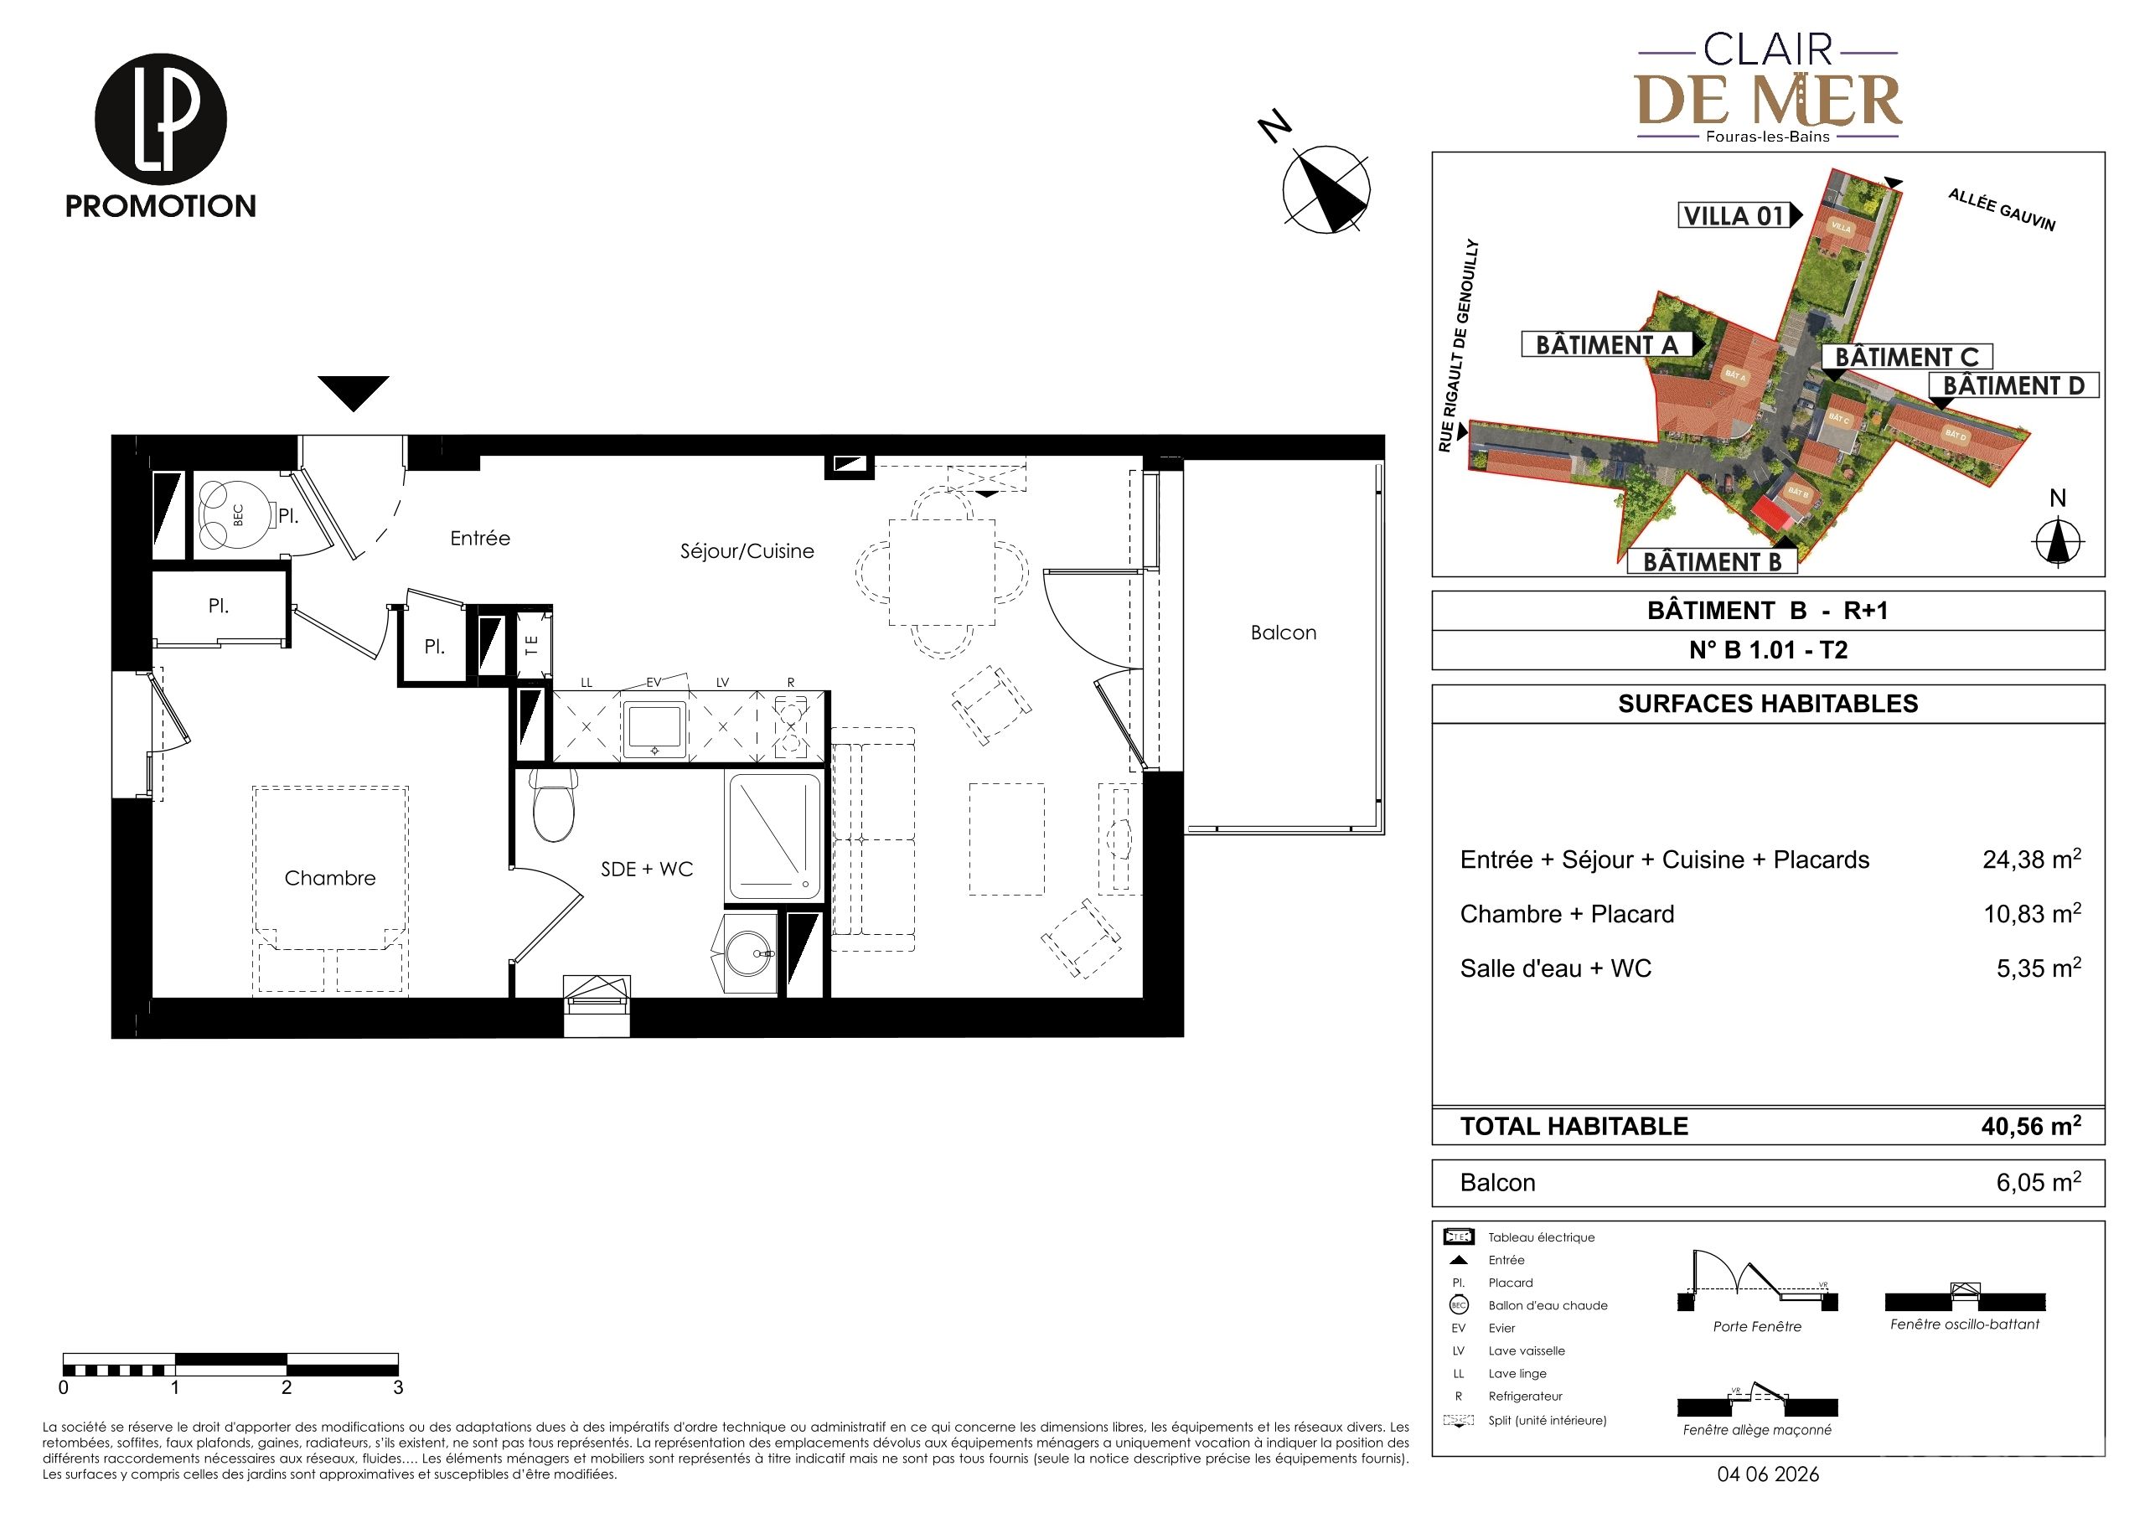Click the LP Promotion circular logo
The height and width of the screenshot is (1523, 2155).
161,119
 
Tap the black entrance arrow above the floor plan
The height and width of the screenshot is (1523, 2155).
353,393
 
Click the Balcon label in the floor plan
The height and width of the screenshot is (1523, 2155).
1283,632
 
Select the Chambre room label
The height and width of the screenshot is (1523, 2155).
329,878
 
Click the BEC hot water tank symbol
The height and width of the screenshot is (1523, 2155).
239,514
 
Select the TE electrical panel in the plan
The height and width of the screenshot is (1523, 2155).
532,645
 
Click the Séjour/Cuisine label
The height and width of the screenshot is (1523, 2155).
747,552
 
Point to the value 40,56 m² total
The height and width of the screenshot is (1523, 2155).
2030,1125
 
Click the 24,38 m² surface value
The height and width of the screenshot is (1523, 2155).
2031,859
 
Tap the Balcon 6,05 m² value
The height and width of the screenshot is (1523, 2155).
2038,1181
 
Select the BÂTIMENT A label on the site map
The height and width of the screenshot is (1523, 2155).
1607,345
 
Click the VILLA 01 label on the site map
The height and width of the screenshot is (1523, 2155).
1734,216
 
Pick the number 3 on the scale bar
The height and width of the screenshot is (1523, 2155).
398,1387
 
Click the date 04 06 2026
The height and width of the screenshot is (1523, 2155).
1768,1474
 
